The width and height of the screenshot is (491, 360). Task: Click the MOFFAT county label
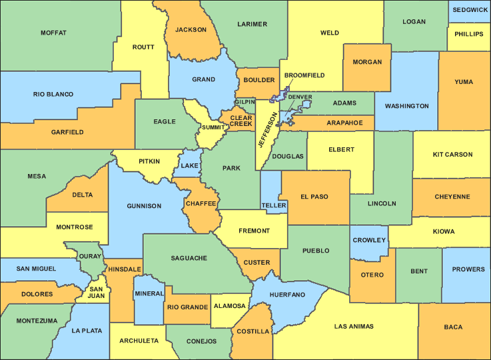[x=53, y=33]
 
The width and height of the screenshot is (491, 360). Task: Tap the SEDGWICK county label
[x=469, y=10]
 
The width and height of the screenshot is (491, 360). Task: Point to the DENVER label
[x=300, y=97]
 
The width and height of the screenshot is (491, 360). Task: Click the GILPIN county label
[x=245, y=102]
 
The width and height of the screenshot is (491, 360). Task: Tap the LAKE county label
[x=190, y=165]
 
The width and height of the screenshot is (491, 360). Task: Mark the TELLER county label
[x=274, y=205]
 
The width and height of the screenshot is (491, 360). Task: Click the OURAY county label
[x=90, y=256]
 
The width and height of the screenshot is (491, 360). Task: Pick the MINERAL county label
[x=149, y=294]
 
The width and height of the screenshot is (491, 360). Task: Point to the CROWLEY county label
[x=369, y=240]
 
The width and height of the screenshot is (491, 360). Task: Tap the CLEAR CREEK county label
[x=241, y=121]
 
